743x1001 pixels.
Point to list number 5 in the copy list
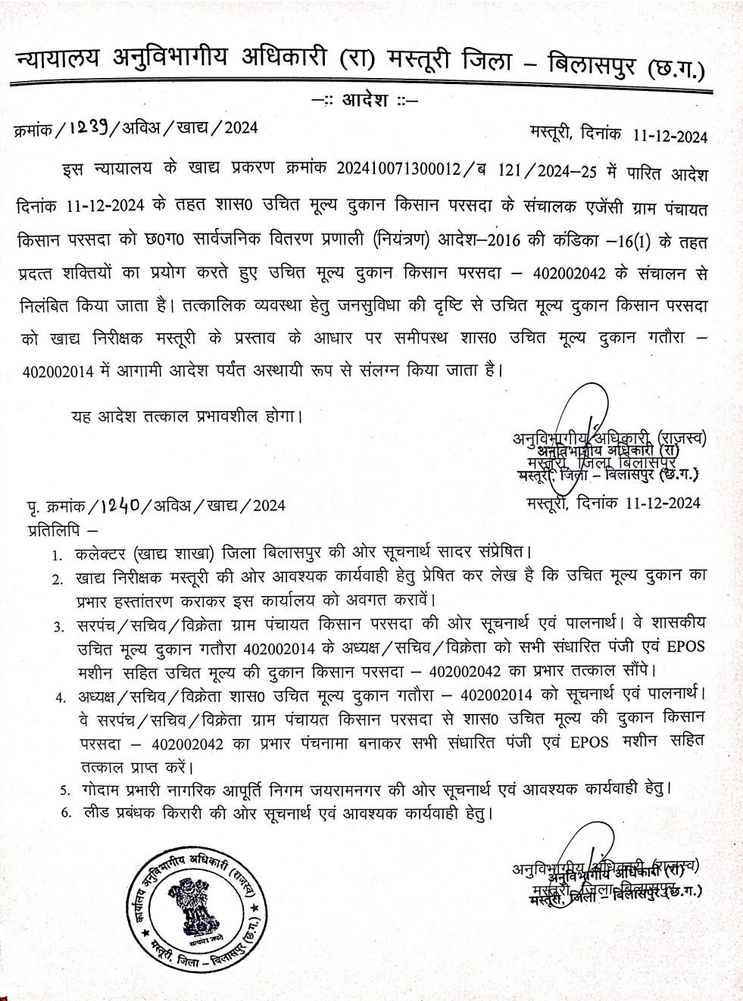click(x=65, y=791)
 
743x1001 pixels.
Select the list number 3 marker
click(x=58, y=627)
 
